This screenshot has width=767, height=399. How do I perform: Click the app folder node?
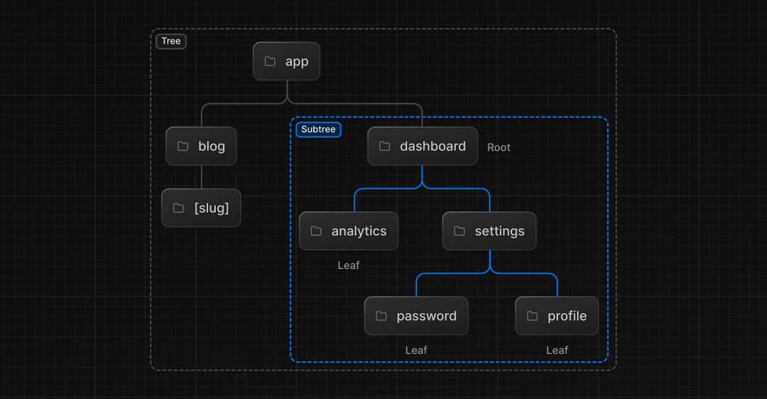pyautogui.click(x=286, y=61)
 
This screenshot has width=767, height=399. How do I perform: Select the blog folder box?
pyautogui.click(x=201, y=146)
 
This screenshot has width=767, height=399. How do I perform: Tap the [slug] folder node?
pyautogui.click(x=201, y=208)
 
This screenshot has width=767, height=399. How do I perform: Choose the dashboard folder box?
pyautogui.click(x=423, y=146)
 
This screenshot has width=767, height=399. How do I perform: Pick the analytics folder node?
pyautogui.click(x=349, y=231)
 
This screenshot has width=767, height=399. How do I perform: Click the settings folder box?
pyautogui.click(x=489, y=231)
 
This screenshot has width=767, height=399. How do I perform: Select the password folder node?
pyautogui.click(x=416, y=316)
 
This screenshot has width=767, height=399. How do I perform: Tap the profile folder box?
pyautogui.click(x=557, y=316)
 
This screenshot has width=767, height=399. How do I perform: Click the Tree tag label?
pyautogui.click(x=171, y=41)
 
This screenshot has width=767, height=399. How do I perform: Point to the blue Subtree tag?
pyautogui.click(x=318, y=129)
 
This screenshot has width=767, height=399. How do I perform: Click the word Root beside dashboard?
pyautogui.click(x=499, y=148)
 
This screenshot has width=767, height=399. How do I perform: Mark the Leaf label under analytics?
pyautogui.click(x=349, y=266)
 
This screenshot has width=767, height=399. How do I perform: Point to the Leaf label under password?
pyautogui.click(x=416, y=350)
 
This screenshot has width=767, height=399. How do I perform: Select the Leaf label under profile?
pyautogui.click(x=557, y=350)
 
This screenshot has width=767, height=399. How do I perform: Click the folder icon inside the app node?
pyautogui.click(x=270, y=61)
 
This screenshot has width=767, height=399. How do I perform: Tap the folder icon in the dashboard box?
pyautogui.click(x=384, y=146)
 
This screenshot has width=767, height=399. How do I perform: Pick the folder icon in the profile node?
pyautogui.click(x=532, y=316)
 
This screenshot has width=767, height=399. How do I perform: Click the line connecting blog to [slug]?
pyautogui.click(x=201, y=177)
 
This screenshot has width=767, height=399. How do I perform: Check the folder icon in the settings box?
pyautogui.click(x=459, y=231)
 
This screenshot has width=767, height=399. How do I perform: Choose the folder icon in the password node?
pyautogui.click(x=381, y=316)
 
